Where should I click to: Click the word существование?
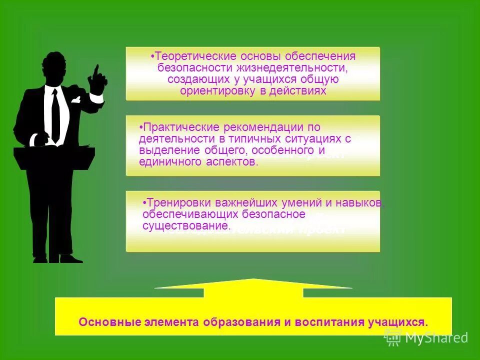(x=186, y=226)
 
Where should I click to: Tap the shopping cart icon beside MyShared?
(x=392, y=337)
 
